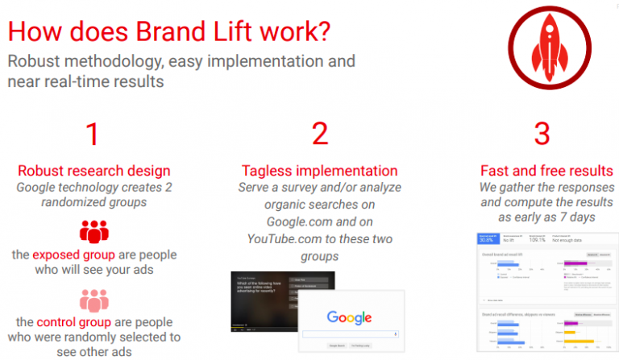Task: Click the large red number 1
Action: pyautogui.click(x=93, y=134)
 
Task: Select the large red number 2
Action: pyautogui.click(x=320, y=134)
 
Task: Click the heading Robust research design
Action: pyautogui.click(x=94, y=171)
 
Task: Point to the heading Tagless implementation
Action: pyautogui.click(x=320, y=171)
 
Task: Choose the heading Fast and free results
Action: pyautogui.click(x=546, y=171)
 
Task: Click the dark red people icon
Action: pyautogui.click(x=93, y=233)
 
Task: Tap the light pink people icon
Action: pyautogui.click(x=93, y=301)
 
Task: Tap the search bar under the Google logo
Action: pyautogui.click(x=349, y=333)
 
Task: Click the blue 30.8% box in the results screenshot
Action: pyautogui.click(x=486, y=239)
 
